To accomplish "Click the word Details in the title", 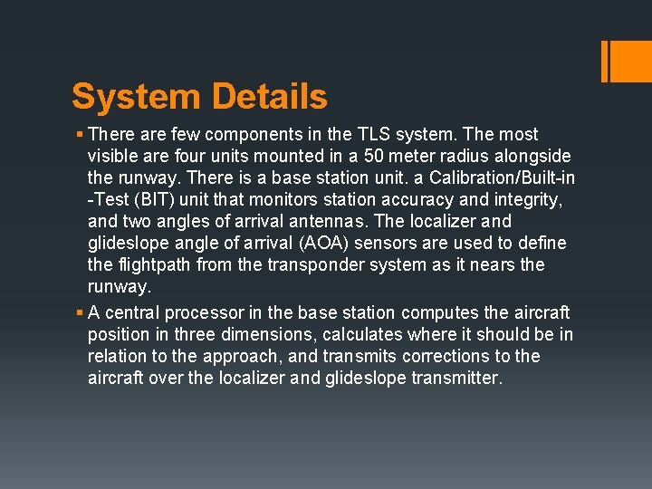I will [x=269, y=96].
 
